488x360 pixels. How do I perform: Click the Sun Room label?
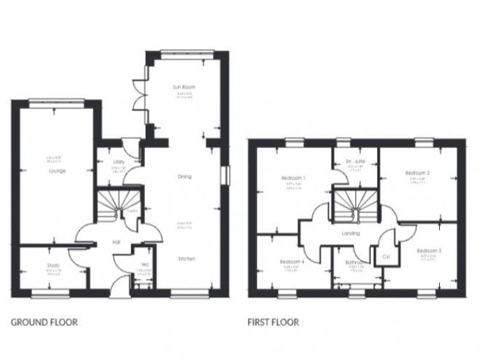click(183, 87)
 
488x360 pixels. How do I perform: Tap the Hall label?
click(118, 243)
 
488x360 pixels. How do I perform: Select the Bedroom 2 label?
click(418, 172)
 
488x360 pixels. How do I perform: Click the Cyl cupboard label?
click(386, 256)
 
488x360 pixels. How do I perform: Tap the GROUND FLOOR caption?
click(44, 322)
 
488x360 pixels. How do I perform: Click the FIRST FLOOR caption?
click(273, 322)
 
